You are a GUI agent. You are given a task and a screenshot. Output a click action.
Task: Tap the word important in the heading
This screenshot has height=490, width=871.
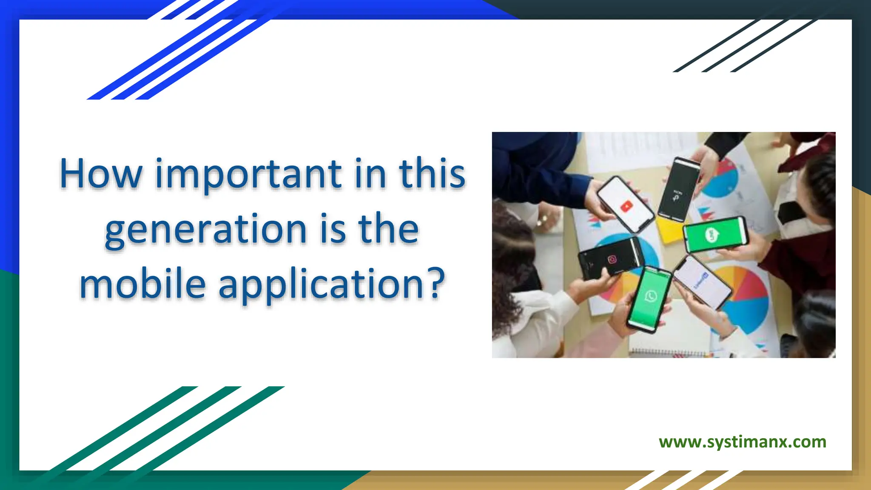248,174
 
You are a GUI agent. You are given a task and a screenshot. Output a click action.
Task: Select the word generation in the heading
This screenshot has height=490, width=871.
206,230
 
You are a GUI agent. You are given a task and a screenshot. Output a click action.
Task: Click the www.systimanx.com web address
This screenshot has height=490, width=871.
742,442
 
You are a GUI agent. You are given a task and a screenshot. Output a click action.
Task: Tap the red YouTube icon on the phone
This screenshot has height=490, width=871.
626,207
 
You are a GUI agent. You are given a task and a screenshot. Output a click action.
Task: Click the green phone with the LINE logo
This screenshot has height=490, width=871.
715,234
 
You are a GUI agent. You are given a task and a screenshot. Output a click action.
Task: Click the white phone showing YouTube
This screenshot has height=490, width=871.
625,204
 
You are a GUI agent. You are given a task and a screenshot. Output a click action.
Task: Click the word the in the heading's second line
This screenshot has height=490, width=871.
388,230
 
